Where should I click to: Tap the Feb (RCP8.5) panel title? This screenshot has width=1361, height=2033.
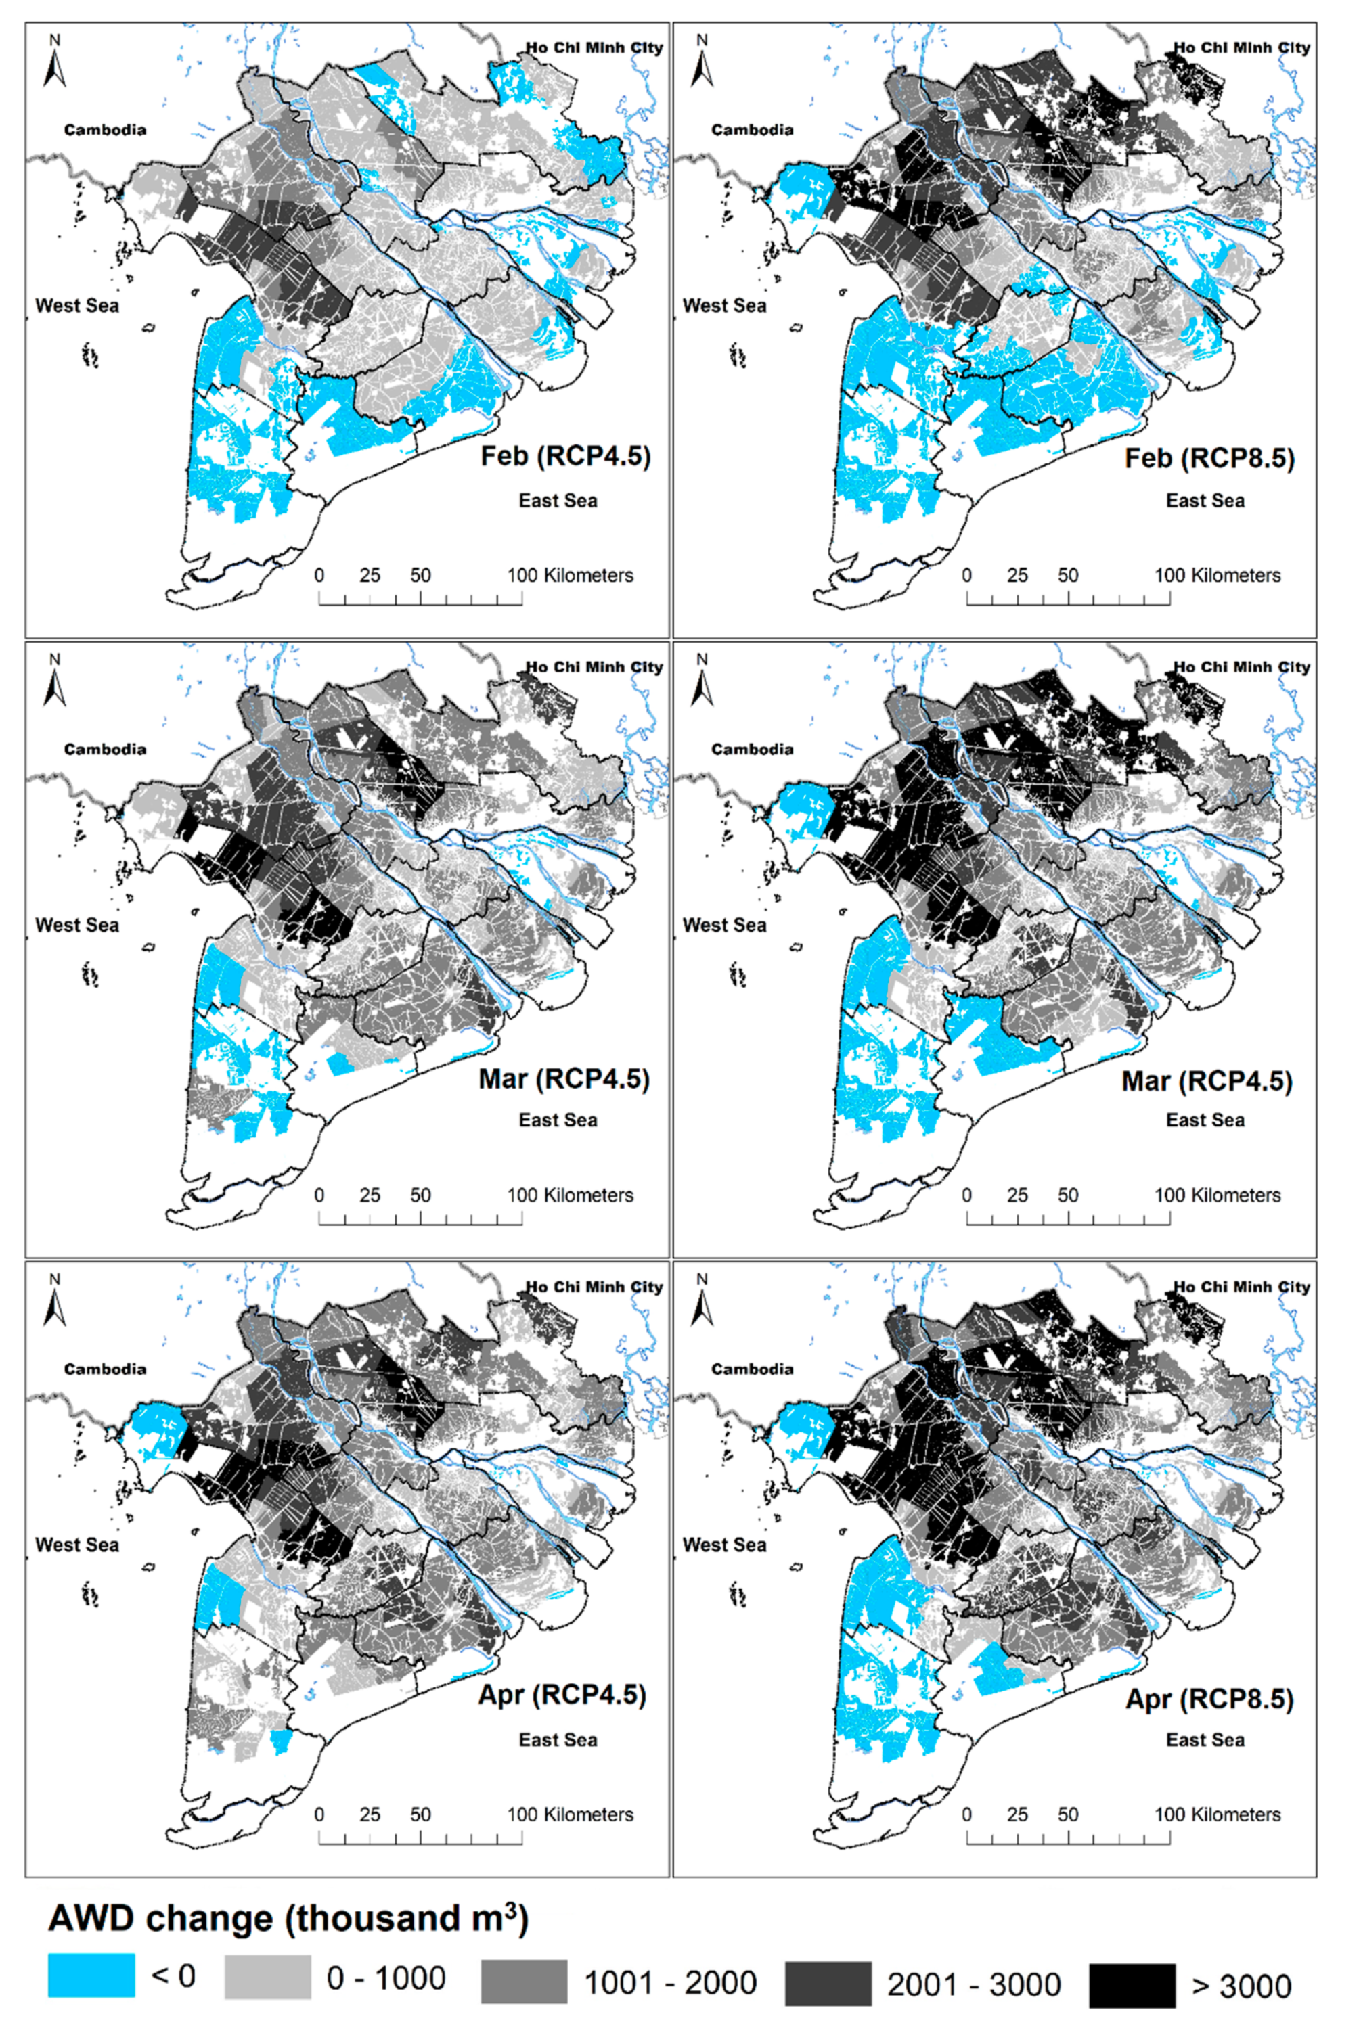(1209, 457)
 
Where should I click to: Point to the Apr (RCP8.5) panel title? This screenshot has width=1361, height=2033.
(1209, 1698)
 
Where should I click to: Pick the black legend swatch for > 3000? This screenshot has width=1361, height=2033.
(1132, 1985)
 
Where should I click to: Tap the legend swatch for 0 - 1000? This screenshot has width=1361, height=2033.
(267, 1978)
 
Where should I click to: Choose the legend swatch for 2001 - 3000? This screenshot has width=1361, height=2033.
(828, 1984)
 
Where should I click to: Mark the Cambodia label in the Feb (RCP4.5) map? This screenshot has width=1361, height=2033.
(105, 130)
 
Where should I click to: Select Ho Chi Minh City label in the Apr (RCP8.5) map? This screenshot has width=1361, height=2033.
(1241, 1287)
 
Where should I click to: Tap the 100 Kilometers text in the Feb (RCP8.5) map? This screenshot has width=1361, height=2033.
(1217, 575)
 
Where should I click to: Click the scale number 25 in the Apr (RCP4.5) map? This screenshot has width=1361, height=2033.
(370, 1814)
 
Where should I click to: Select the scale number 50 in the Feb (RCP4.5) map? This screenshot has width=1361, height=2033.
(420, 575)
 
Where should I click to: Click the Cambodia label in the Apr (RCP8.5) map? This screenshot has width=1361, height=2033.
(752, 1369)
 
